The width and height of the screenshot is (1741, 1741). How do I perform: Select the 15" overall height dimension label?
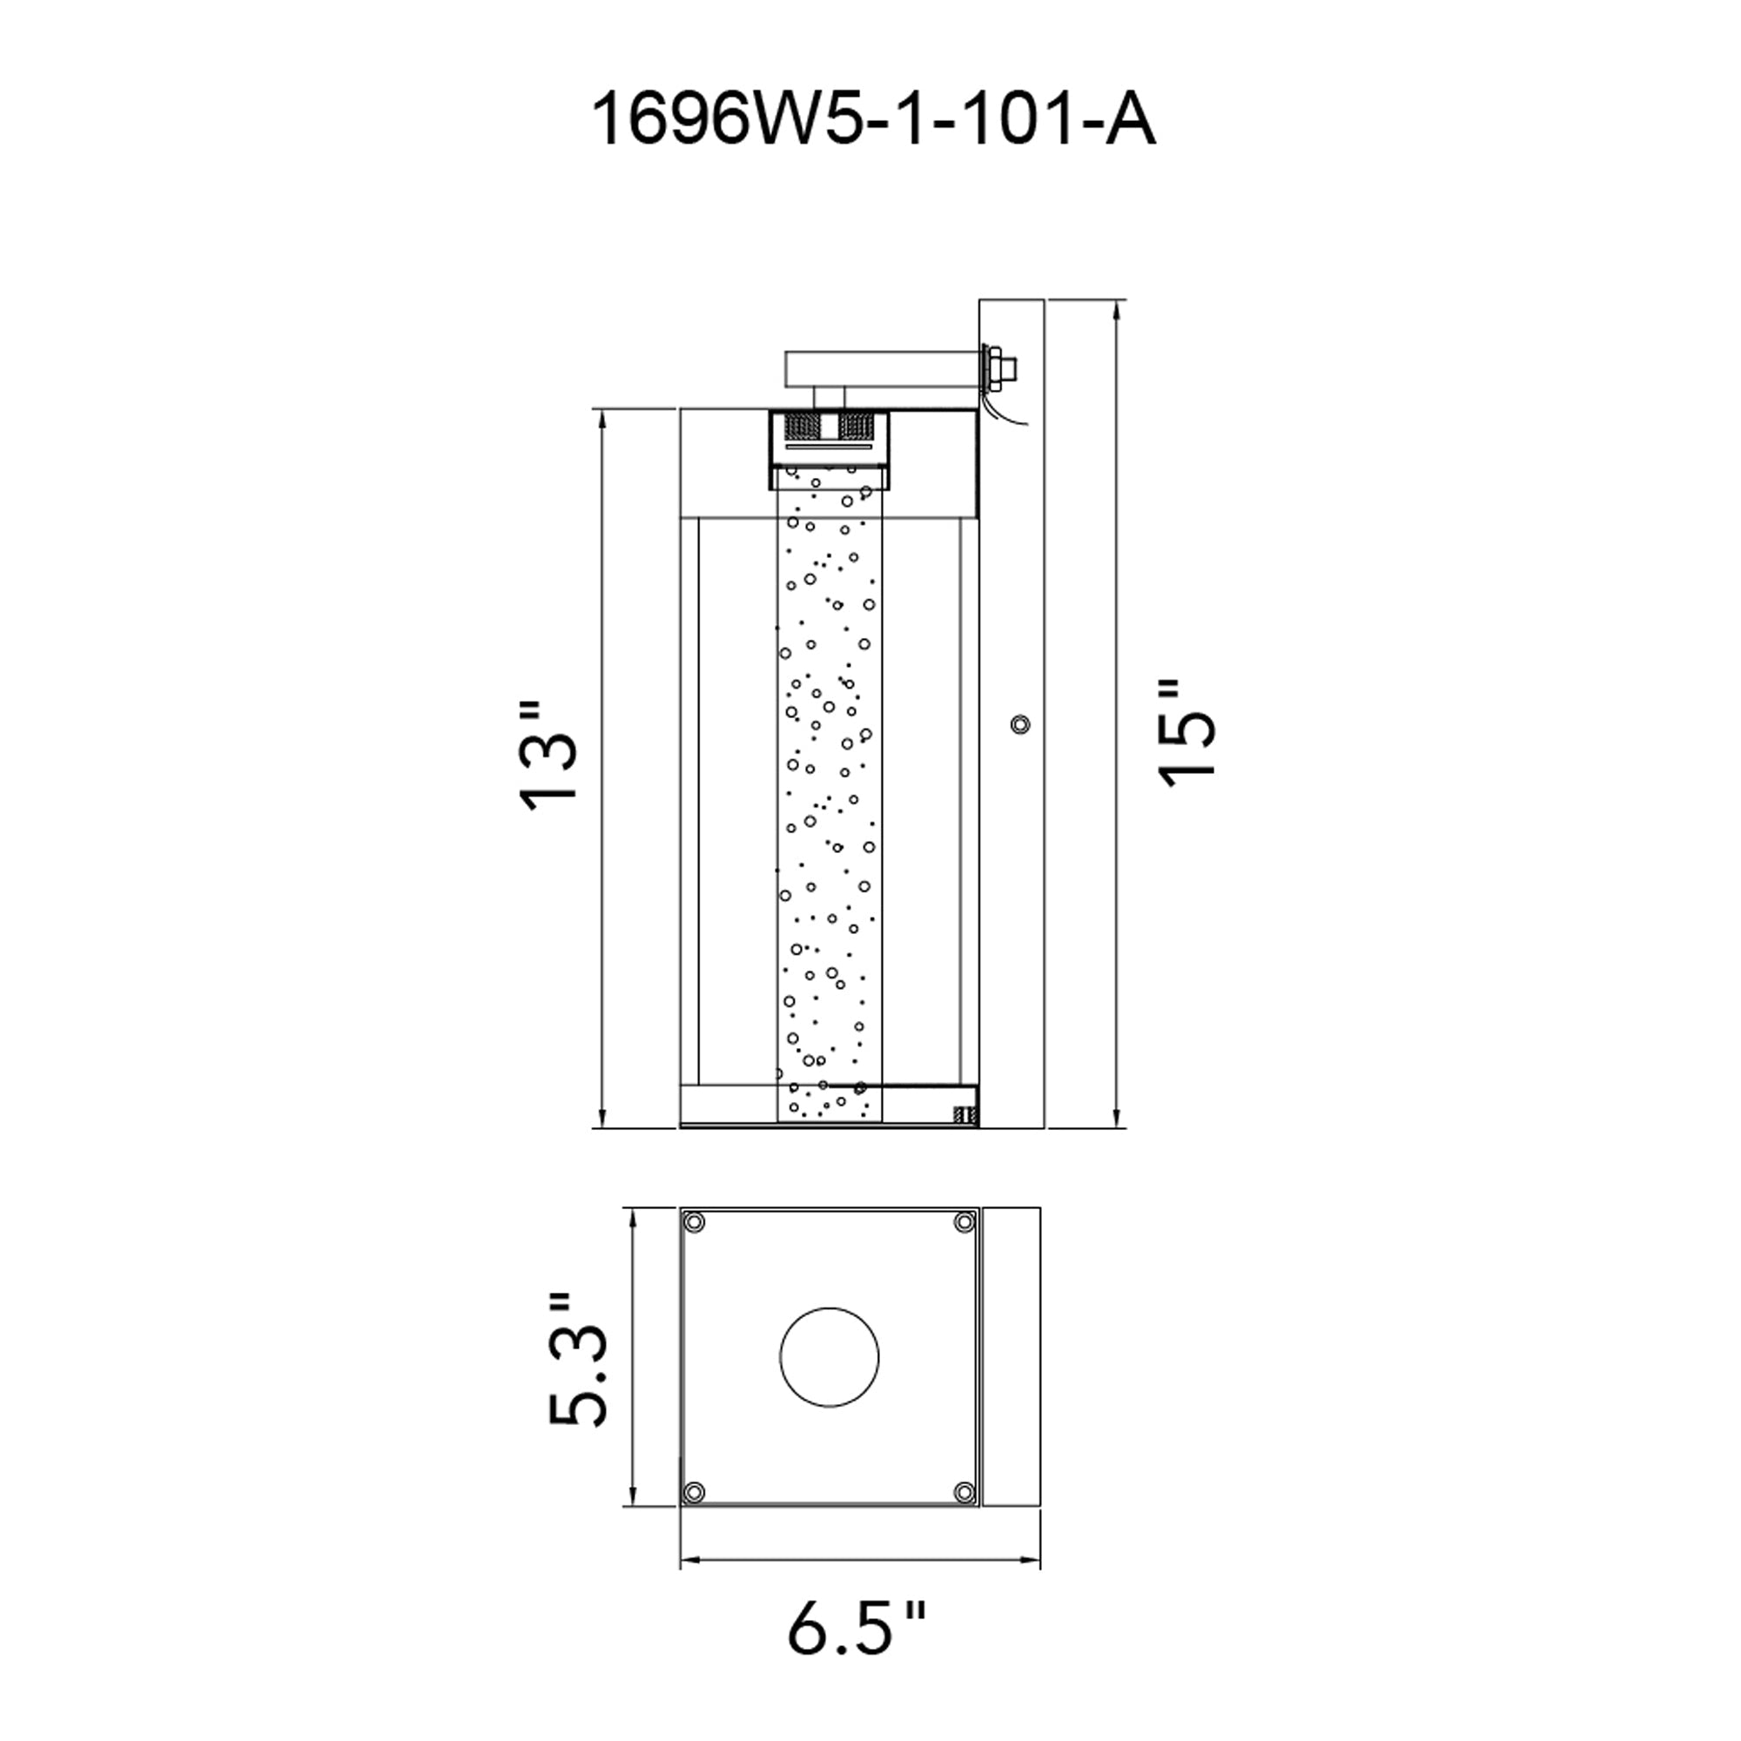click(1188, 734)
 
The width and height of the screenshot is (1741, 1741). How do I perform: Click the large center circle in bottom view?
click(828, 1357)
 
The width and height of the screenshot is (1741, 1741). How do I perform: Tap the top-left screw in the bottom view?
click(694, 1222)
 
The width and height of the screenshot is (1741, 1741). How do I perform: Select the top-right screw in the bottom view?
click(965, 1222)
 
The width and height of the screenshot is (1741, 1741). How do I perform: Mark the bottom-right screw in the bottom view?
click(965, 1492)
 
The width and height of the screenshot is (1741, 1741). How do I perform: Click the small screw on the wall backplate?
click(1020, 724)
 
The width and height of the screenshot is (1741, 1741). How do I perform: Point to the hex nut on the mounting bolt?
click(998, 367)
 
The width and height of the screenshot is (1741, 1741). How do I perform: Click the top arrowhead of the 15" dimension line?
click(1118, 309)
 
